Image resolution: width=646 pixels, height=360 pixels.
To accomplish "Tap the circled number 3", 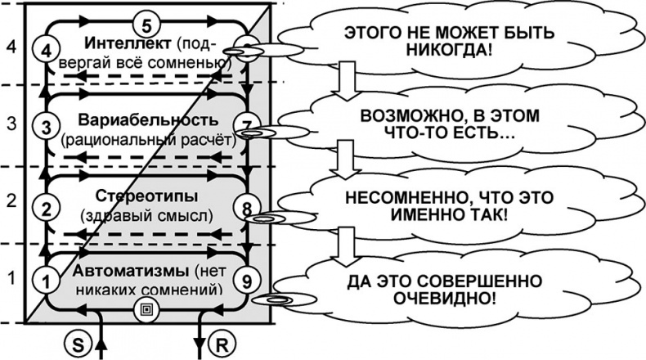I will click(46, 126).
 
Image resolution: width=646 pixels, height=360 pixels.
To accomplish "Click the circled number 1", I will click(47, 281).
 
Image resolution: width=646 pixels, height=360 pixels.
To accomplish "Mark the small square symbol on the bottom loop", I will click(146, 308).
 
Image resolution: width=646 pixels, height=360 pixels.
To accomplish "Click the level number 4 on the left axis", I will click(11, 47).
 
